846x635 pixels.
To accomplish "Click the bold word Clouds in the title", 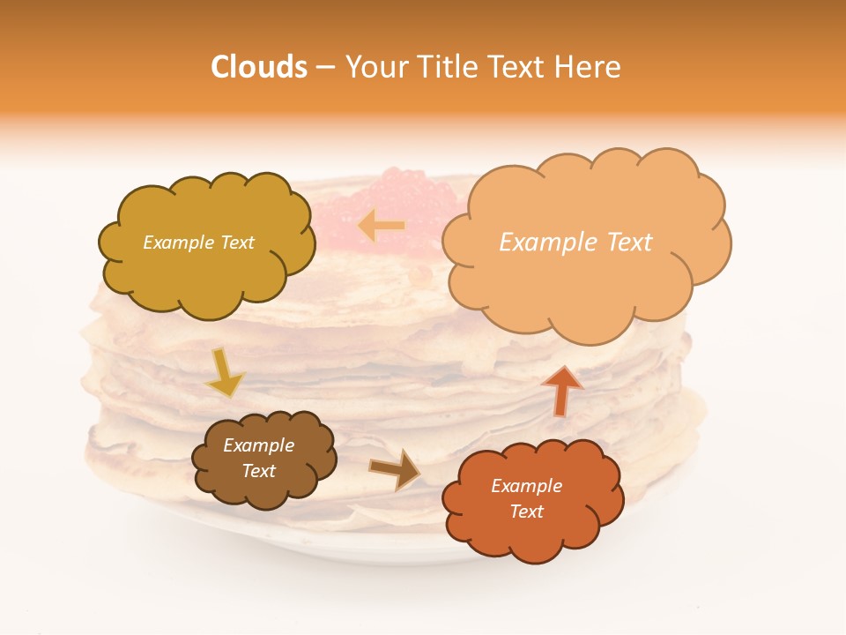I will (x=258, y=67).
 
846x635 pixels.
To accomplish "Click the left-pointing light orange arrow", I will (x=381, y=226).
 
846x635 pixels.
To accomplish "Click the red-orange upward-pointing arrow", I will (x=561, y=390).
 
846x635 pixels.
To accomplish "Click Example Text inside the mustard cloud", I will (x=198, y=243).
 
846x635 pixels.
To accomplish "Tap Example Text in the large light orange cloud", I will (x=575, y=243).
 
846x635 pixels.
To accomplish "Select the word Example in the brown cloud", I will (x=258, y=445).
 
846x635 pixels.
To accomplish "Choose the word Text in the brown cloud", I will (x=258, y=471).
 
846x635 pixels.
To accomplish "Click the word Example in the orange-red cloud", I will (x=526, y=486).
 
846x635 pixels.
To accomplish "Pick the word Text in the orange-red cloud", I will (x=526, y=512).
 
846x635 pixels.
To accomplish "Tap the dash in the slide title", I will (x=325, y=67).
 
